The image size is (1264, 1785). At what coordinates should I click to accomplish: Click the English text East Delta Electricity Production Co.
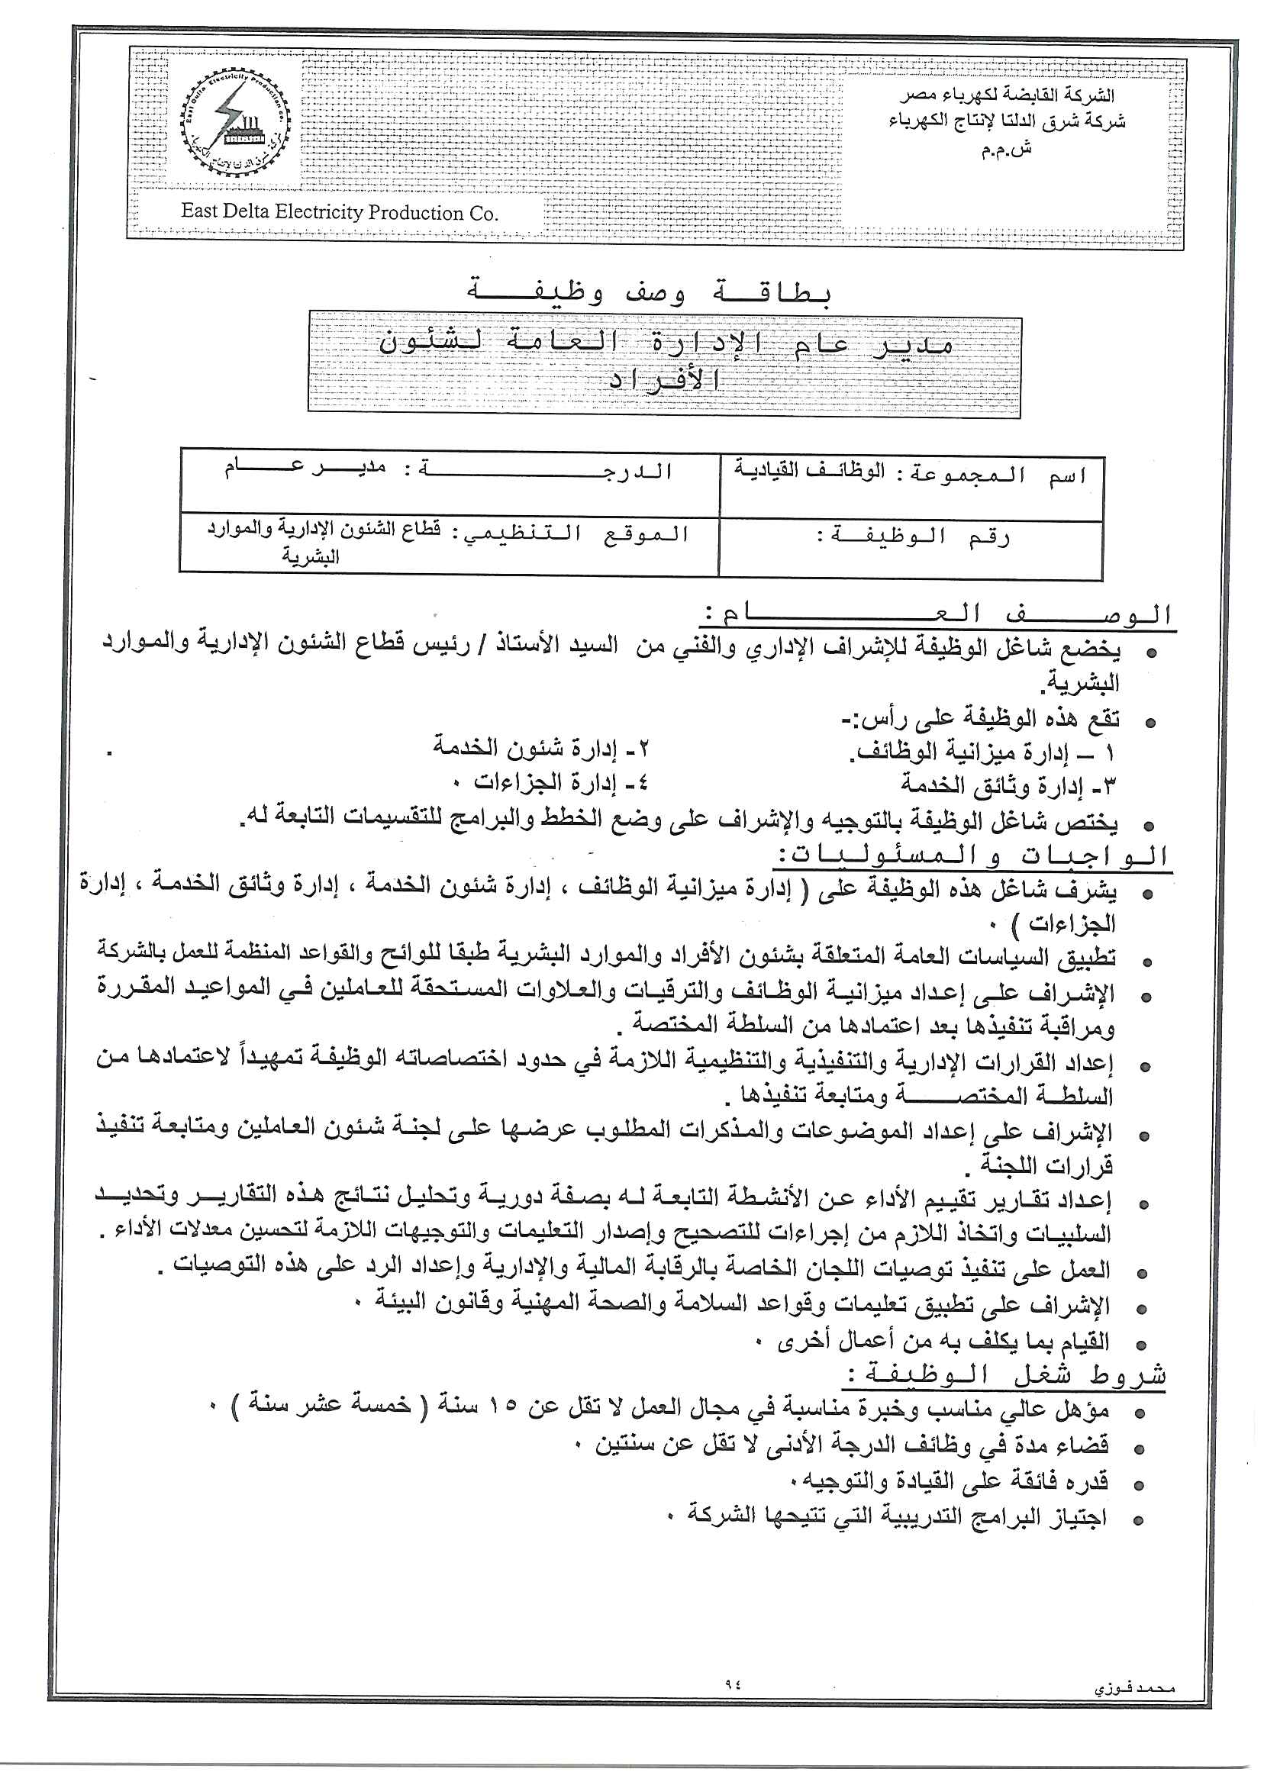click(340, 212)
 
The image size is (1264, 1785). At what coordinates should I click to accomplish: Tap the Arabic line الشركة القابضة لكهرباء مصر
click(1009, 95)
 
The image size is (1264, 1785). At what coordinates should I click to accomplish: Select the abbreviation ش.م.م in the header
click(1005, 149)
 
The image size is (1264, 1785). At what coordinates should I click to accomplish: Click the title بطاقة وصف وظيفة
click(649, 293)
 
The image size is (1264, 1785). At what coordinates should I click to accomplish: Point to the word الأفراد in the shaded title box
click(666, 379)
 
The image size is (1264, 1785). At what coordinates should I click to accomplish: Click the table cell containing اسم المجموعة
click(911, 487)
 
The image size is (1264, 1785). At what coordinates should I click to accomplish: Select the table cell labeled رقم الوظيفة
click(911, 549)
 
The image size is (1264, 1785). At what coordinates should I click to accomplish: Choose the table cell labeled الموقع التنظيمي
click(449, 543)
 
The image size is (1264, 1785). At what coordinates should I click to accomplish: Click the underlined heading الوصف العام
click(938, 614)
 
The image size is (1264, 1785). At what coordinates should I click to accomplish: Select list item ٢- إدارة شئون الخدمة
click(541, 748)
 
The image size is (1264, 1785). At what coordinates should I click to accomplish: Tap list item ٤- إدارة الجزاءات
click(560, 781)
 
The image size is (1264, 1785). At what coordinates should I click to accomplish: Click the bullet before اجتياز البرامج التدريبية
click(1139, 1519)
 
